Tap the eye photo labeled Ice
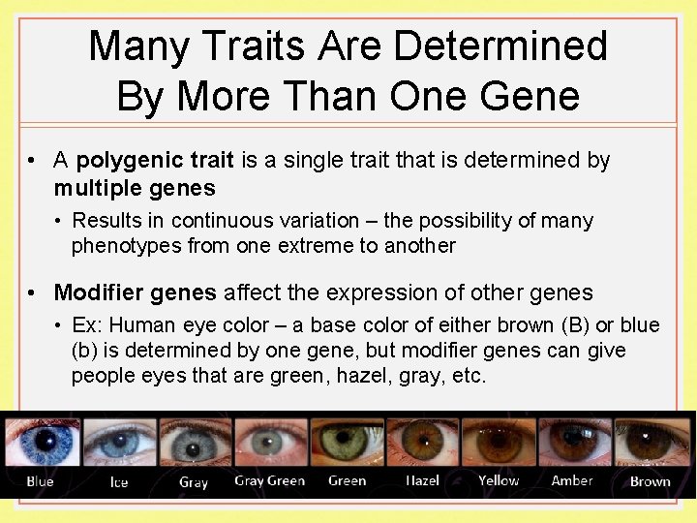tap(118, 444)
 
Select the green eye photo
tap(348, 444)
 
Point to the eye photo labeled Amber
tap(572, 444)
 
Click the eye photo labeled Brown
tap(651, 444)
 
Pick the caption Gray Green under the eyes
tap(269, 480)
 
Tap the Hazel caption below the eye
tap(422, 480)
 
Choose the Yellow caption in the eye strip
tap(499, 480)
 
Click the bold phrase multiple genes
tap(135, 187)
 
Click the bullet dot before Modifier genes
tap(33, 292)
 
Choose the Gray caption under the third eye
tap(194, 481)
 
